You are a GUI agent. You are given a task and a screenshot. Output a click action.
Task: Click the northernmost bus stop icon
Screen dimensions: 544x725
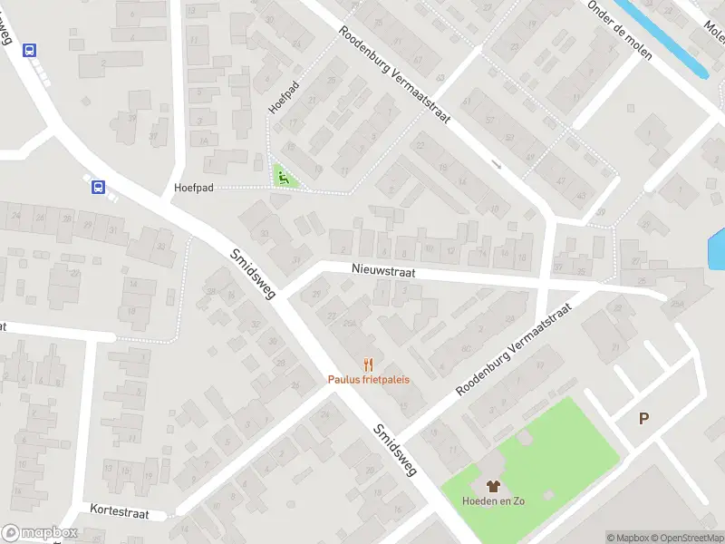click(30, 51)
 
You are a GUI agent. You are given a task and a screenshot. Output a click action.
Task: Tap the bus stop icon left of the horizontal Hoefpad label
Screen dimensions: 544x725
click(98, 188)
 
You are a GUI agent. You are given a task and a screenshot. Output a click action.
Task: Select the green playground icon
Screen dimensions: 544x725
click(284, 177)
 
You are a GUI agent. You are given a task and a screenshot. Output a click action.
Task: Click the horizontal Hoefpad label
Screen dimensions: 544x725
click(194, 189)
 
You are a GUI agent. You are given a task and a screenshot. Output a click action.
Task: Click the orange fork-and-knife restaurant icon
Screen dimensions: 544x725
click(368, 364)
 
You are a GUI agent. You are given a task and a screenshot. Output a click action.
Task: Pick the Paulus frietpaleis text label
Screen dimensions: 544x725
click(368, 379)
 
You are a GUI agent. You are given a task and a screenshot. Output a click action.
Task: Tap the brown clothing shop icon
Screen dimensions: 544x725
click(493, 487)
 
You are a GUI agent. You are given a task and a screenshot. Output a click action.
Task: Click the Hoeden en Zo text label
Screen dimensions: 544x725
click(493, 500)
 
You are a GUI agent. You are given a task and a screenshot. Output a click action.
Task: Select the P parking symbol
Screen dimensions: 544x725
click(644, 418)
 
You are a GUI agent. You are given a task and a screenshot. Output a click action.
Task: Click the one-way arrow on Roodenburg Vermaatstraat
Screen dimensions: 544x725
click(496, 164)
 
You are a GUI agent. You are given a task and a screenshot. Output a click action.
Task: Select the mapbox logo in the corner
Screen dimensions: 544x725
click(40, 533)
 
